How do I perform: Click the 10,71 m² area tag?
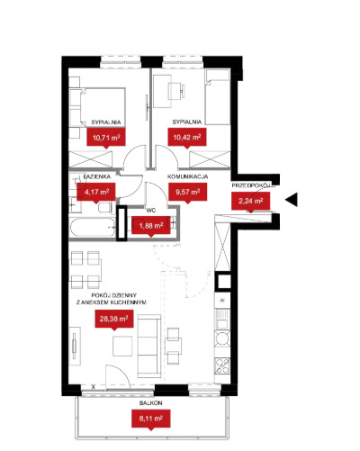pos(106,138)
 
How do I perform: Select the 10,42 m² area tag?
pos(187,138)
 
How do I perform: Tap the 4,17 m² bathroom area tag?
pos(96,192)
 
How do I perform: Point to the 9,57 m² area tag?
pos(187,192)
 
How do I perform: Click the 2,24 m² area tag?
pos(250,201)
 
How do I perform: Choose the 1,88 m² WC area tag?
pos(151,226)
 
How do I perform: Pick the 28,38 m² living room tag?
pos(114,319)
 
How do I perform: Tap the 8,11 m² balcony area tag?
pos(151,419)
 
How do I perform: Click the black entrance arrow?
pos(292,200)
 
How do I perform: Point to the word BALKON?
pos(150,403)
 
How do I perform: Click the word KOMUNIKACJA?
pos(187,176)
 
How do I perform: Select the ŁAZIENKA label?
pos(97,176)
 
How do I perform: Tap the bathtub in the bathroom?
pos(93,228)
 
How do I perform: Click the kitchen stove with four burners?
pos(222,365)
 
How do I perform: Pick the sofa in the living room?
pos(149,346)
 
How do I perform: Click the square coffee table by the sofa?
pos(122,346)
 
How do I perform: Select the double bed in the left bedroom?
pos(97,108)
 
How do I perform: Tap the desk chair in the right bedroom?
pos(176,90)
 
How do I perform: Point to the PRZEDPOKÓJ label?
pos(253,185)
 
